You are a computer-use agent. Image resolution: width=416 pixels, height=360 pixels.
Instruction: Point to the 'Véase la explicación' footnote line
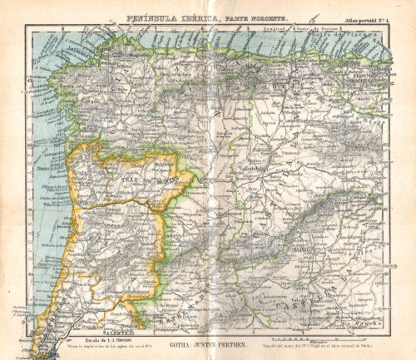91,343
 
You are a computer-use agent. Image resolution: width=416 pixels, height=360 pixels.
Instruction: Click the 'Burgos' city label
309,121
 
